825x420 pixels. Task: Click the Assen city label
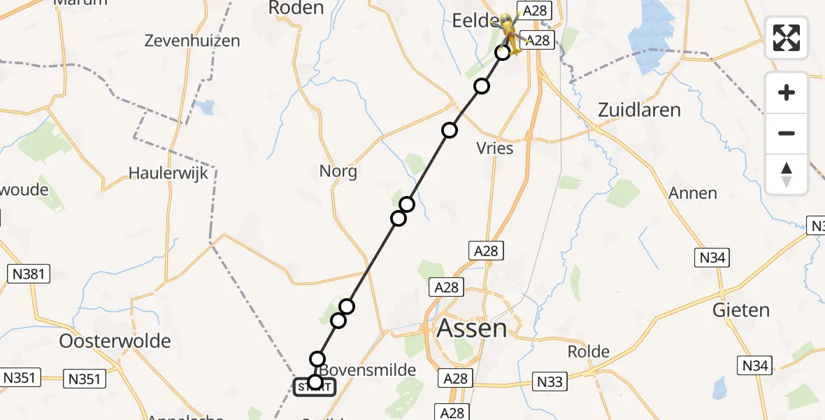(x=472, y=328)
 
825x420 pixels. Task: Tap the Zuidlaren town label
(x=639, y=110)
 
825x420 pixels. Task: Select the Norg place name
(x=338, y=171)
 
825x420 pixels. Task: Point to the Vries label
(x=494, y=148)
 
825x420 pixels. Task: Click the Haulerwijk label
(x=168, y=173)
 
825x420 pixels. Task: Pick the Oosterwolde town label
(x=115, y=342)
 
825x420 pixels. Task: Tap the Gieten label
(x=741, y=309)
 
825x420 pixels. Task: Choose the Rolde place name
(x=588, y=351)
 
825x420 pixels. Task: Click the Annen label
(x=692, y=193)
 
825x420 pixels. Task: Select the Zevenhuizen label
(x=192, y=41)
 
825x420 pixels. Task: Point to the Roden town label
(x=296, y=8)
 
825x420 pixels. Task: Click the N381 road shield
(x=28, y=273)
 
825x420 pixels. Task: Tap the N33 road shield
(x=549, y=381)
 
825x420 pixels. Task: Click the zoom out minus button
(x=787, y=133)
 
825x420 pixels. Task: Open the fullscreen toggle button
(x=787, y=37)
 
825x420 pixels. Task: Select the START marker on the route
(x=315, y=386)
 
